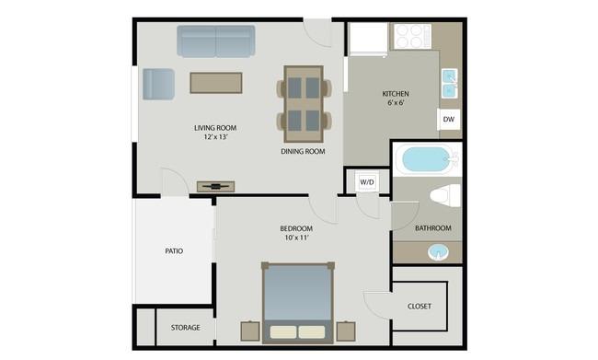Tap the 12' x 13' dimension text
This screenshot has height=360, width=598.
211,137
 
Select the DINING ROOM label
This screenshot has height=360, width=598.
304,151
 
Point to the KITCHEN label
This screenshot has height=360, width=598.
396,94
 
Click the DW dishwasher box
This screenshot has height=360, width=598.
449,120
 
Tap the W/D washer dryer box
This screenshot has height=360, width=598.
367,181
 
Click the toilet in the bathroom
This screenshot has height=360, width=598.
446,196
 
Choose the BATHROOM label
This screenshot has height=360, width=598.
432,228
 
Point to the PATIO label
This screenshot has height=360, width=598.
174,250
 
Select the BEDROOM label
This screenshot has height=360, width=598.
296,228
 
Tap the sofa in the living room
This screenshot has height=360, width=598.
216,41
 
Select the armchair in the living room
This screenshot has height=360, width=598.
158,84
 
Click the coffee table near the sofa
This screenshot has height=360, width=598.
216,83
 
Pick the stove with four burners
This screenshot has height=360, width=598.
412,37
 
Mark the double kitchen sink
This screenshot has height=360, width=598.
450,84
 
